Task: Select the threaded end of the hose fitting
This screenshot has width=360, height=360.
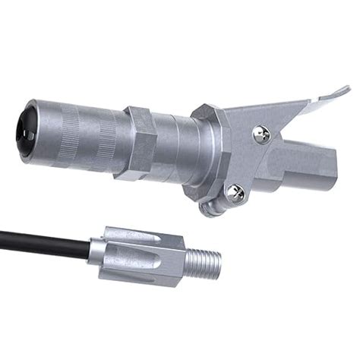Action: point(203,262)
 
